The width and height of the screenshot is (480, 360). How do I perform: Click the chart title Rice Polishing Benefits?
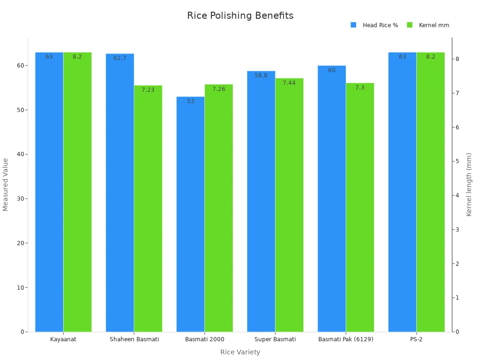pyautogui.click(x=240, y=15)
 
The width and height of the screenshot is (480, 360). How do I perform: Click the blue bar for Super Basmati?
pyautogui.click(x=261, y=202)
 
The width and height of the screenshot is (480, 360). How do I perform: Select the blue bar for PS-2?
pyautogui.click(x=402, y=192)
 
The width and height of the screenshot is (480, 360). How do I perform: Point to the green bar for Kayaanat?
pyautogui.click(x=77, y=192)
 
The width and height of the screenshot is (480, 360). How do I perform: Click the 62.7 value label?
pyautogui.click(x=120, y=58)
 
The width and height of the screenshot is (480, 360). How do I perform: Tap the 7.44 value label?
pyautogui.click(x=289, y=83)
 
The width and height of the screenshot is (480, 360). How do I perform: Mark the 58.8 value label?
pyautogui.click(x=261, y=75)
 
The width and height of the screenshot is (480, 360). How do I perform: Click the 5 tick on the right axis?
pyautogui.click(x=457, y=161)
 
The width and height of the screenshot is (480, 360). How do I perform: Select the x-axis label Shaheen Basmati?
pyautogui.click(x=134, y=339)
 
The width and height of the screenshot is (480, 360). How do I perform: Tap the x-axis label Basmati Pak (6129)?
pyautogui.click(x=346, y=339)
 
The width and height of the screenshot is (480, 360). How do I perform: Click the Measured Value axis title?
pyautogui.click(x=6, y=184)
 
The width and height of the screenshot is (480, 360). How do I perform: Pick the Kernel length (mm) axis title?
pyautogui.click(x=469, y=184)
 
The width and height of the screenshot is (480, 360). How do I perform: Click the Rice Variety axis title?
pyautogui.click(x=240, y=352)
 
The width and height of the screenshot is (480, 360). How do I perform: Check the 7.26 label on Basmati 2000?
pyautogui.click(x=218, y=89)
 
